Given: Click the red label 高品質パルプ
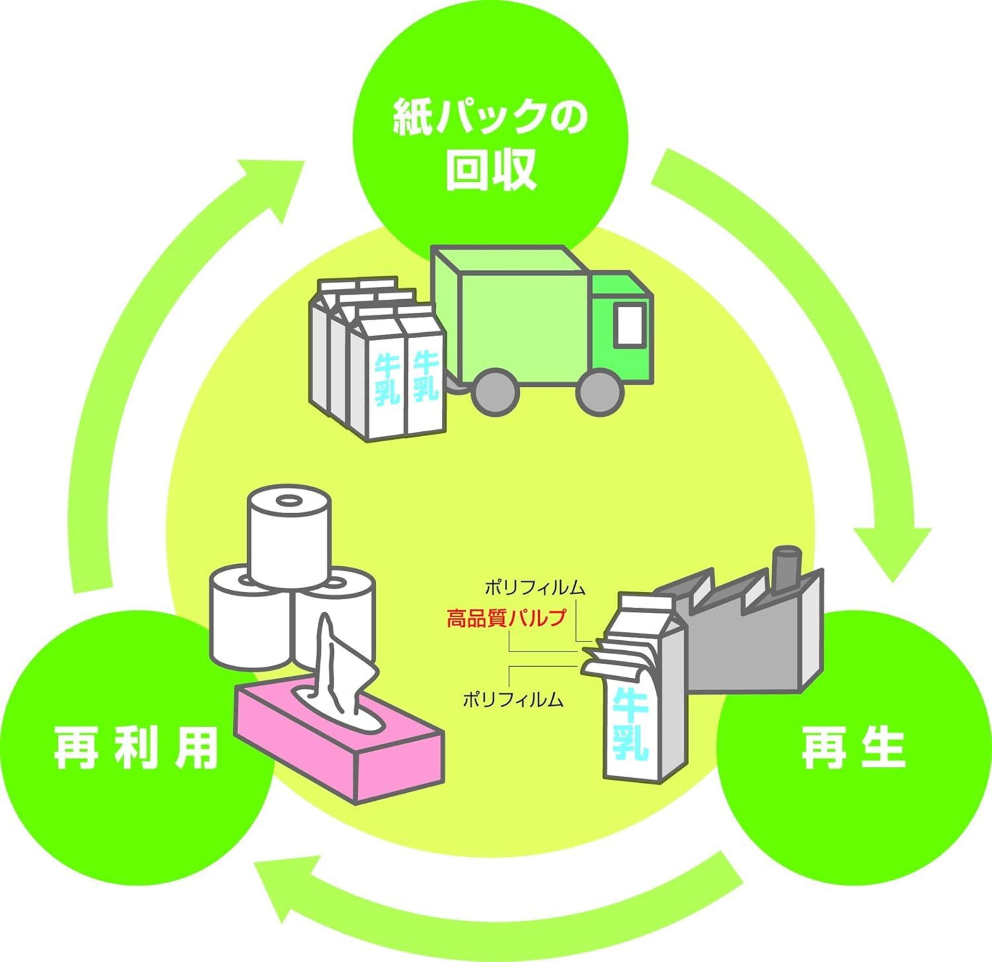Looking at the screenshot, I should (505, 619).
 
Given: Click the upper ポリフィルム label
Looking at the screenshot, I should (535, 588).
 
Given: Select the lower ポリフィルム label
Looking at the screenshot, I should (513, 700).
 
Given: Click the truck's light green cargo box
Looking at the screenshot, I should (521, 324).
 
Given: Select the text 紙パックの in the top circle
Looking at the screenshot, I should (490, 117).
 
